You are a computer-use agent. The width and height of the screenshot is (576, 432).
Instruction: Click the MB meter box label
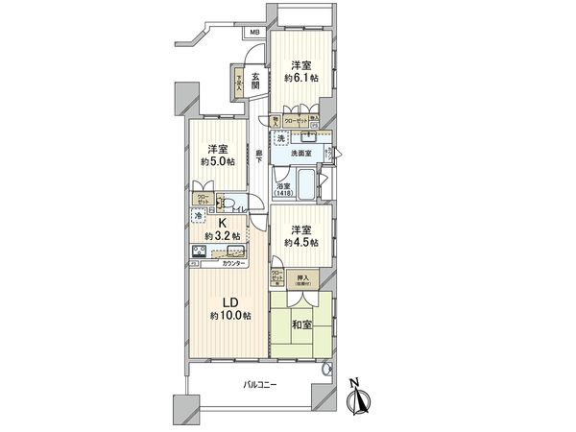pyautogui.click(x=254, y=34)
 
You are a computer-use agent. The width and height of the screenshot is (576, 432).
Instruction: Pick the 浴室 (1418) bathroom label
pyautogui.click(x=285, y=190)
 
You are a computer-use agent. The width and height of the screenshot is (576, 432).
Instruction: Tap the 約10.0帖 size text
pyautogui.click(x=231, y=316)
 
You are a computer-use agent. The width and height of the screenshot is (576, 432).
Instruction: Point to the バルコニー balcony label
pyautogui.click(x=258, y=385)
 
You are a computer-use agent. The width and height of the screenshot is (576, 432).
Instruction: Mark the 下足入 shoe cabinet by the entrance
pyautogui.click(x=237, y=82)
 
